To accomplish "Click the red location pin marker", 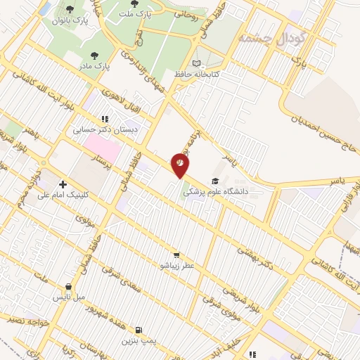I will pyautogui.click(x=181, y=165).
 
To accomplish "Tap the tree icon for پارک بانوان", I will pyautogui.click(x=70, y=8).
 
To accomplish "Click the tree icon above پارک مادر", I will pyautogui.click(x=95, y=56).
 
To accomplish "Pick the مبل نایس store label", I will pyautogui.click(x=70, y=297).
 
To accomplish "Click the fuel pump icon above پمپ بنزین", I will pyautogui.click(x=139, y=330).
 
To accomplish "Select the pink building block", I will pyautogui.click(x=102, y=147).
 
